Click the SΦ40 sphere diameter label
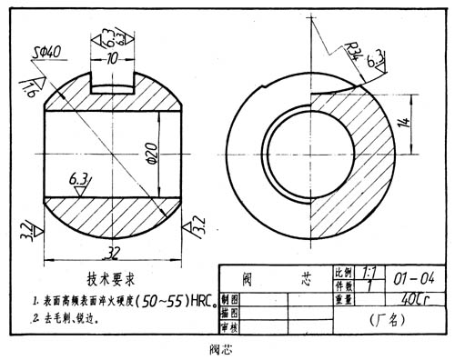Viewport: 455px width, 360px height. pos(45,52)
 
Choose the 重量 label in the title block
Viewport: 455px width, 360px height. pos(344,298)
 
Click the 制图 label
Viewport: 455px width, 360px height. pos(230,298)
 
